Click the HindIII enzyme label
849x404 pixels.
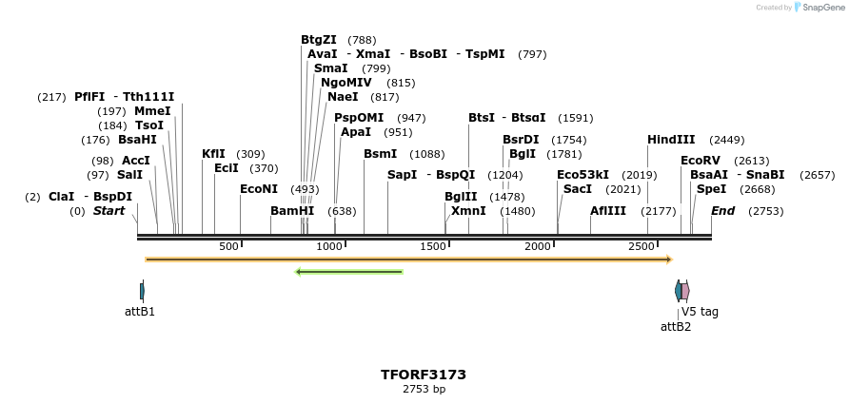click(671, 139)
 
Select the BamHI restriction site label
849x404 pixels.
click(292, 211)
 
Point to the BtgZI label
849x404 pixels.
click(319, 40)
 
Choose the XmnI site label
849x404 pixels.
click(468, 211)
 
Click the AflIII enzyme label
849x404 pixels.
click(608, 211)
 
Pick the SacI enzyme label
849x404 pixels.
click(578, 189)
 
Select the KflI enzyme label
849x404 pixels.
click(214, 154)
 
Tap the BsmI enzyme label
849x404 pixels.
click(381, 154)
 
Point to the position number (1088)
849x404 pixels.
click(427, 155)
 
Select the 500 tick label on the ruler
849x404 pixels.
click(228, 247)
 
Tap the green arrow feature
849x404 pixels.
click(349, 273)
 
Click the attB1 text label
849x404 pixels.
click(140, 311)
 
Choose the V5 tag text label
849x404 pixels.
click(700, 311)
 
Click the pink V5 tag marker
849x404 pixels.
click(685, 291)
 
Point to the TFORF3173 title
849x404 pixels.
click(424, 375)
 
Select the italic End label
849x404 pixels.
click(722, 211)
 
